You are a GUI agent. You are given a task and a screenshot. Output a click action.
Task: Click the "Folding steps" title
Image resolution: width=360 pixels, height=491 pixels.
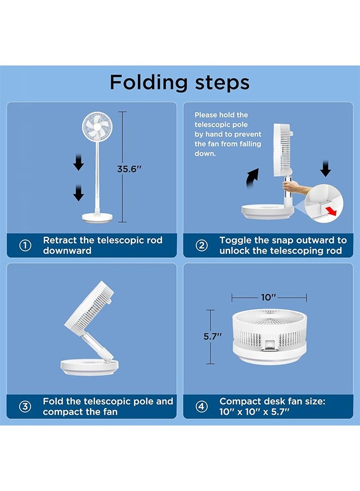(179, 82)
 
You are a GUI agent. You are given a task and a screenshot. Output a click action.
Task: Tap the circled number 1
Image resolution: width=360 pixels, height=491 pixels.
(25, 245)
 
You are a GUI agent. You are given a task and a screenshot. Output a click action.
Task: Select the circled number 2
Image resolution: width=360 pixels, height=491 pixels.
(202, 245)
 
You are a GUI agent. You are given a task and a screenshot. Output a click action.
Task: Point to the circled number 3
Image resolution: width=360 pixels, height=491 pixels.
(25, 406)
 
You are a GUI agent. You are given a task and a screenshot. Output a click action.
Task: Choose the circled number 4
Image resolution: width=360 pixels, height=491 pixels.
(202, 406)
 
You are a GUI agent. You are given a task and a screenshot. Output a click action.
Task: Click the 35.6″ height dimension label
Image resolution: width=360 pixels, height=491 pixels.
(129, 169)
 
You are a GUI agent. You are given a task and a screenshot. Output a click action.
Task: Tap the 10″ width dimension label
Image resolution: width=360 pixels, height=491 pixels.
(268, 297)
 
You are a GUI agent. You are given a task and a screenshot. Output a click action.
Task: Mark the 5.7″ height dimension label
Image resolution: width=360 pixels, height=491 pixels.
(213, 337)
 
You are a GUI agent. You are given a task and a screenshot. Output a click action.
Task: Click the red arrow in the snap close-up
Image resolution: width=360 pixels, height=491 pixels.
(331, 211)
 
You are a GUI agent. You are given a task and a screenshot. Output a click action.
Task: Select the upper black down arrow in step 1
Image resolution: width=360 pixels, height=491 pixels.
(78, 162)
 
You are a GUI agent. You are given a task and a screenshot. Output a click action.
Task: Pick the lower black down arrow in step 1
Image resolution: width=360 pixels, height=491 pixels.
(78, 193)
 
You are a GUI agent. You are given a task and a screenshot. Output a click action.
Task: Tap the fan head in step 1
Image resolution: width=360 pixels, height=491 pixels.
(97, 127)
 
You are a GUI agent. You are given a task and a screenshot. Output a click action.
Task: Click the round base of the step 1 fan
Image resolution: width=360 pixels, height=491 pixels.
(97, 218)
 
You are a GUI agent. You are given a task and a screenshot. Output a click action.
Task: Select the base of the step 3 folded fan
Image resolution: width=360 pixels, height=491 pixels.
(89, 367)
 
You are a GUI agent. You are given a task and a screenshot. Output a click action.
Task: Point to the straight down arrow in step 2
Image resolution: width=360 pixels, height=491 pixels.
(326, 169)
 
